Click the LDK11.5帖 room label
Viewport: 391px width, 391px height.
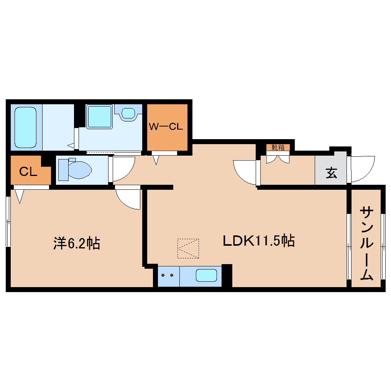(x=259, y=241)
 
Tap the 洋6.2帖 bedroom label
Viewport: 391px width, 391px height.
(x=77, y=243)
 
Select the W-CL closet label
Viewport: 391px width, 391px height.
(x=166, y=127)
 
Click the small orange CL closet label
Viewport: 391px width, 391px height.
(x=28, y=172)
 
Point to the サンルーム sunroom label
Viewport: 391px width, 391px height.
(x=367, y=243)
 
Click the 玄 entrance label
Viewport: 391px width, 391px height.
(x=331, y=173)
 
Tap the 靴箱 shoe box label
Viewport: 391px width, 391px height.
(x=278, y=147)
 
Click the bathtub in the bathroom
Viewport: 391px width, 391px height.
(x=26, y=127)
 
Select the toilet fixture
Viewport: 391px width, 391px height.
(x=76, y=169)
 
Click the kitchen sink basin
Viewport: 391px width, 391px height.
(x=206, y=275)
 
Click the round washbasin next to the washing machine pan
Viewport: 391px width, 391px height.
(x=128, y=113)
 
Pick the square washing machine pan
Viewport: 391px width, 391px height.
(x=99, y=116)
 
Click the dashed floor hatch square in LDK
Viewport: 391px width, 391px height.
(x=188, y=248)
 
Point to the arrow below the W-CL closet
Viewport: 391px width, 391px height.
(x=156, y=159)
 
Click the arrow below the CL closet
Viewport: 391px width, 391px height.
(x=20, y=196)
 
